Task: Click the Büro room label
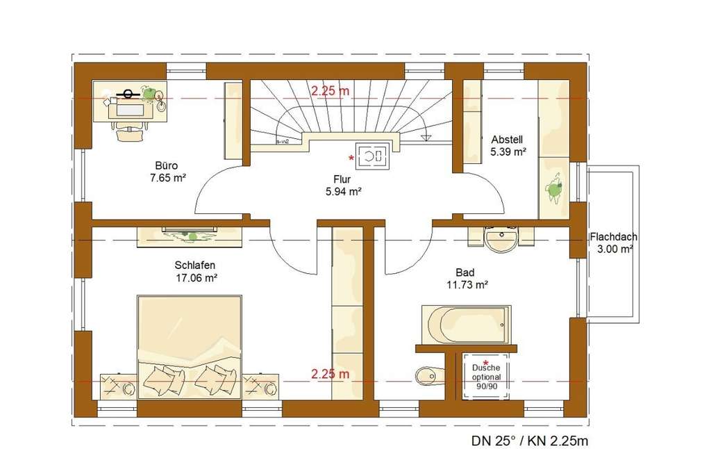pos(167,166)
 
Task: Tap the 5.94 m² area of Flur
pos(344,191)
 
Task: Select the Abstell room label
pos(506,138)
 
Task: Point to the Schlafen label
pos(194,265)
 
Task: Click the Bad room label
pos(465,272)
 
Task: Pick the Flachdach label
pos(614,236)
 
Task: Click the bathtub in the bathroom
pos(465,324)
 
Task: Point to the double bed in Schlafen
pos(190,346)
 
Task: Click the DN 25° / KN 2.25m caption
pos(530,439)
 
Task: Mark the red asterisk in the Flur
pos(351,159)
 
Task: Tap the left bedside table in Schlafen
pos(118,386)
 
